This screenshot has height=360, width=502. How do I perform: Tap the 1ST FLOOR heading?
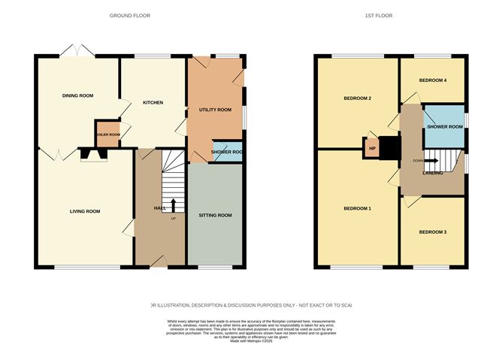coord(379,15)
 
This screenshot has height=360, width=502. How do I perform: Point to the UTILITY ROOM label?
coord(215,110)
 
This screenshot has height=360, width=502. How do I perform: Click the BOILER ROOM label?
coord(107,135)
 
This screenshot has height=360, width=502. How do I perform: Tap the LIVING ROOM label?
coord(81,211)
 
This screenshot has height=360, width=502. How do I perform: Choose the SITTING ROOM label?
coord(215,216)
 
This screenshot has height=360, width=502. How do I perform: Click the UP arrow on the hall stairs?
coord(174,204)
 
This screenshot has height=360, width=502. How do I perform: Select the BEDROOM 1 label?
coord(358,208)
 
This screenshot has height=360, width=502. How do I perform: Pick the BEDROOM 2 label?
coord(358,98)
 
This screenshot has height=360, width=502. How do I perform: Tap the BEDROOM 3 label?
coord(432,232)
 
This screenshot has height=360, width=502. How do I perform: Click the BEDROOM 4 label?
coord(433,80)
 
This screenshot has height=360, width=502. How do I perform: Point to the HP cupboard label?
coord(371,148)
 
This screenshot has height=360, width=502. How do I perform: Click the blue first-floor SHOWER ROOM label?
coord(444,127)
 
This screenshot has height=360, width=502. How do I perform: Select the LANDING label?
coord(432,173)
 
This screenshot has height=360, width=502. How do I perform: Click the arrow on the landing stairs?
coord(432,160)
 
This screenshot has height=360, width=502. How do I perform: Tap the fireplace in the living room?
coord(93,156)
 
